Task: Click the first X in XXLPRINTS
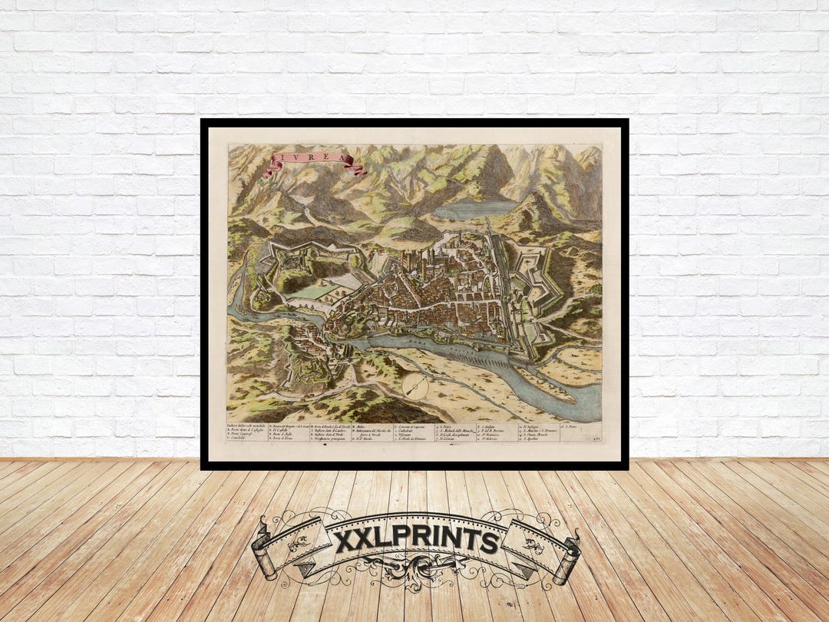point(347,541)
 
